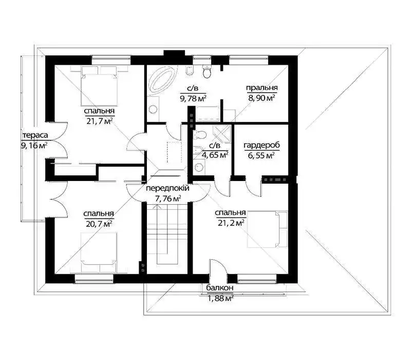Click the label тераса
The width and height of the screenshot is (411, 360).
pyautogui.click(x=35, y=135)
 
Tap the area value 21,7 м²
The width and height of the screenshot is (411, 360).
pyautogui.click(x=100, y=121)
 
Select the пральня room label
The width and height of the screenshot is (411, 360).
pyautogui.click(x=262, y=88)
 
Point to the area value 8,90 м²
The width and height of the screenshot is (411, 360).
pyautogui.click(x=261, y=98)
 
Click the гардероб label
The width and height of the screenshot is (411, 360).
pyautogui.click(x=261, y=146)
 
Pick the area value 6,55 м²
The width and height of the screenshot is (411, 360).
pyautogui.click(x=261, y=156)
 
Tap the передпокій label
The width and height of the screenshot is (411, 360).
pyautogui.click(x=167, y=188)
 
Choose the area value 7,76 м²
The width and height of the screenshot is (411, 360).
pyautogui.click(x=168, y=199)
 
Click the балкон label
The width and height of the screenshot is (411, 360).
pyautogui.click(x=220, y=288)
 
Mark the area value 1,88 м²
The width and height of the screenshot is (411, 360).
pyautogui.click(x=220, y=298)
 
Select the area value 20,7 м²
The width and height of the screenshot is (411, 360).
pyautogui.click(x=99, y=224)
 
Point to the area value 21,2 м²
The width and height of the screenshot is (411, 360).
pyautogui.click(x=231, y=223)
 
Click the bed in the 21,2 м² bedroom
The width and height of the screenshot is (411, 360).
pyautogui.click(x=267, y=229)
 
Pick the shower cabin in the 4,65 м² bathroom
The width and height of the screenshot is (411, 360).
pyautogui.click(x=222, y=134)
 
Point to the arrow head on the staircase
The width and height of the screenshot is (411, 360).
pyautogui.click(x=157, y=207)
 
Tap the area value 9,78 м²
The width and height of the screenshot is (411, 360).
pyautogui.click(x=193, y=98)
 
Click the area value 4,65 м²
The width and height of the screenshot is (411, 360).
pyautogui.click(x=215, y=155)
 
